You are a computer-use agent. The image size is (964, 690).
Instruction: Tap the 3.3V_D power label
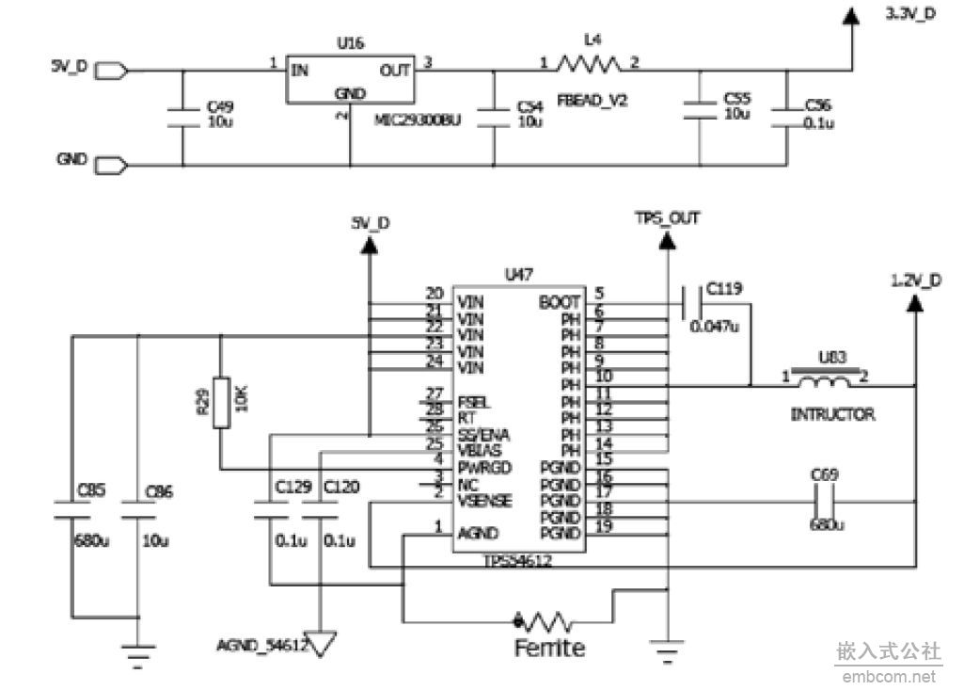[911, 15]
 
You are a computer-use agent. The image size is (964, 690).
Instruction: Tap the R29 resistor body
[220, 403]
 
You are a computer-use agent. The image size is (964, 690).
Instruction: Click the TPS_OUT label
[667, 218]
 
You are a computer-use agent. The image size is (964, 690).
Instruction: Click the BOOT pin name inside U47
[559, 303]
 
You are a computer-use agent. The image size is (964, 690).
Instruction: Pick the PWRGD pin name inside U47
[484, 468]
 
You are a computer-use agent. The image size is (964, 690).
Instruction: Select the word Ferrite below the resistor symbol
[549, 649]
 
